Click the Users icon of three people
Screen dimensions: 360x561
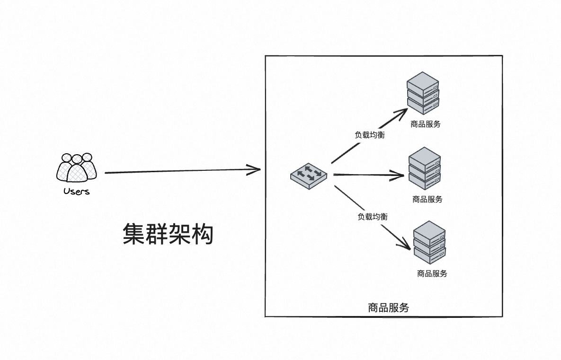tap(77, 168)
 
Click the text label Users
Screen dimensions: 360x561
tap(77, 192)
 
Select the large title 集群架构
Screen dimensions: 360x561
tap(168, 234)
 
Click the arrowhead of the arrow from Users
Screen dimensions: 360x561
tap(256, 169)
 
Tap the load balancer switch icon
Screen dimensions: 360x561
tap(309, 176)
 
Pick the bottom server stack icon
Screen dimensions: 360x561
tap(429, 242)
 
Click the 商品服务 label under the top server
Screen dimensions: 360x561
tap(426, 124)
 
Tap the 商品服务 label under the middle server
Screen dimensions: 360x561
tap(427, 200)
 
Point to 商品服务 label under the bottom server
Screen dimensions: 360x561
tap(432, 273)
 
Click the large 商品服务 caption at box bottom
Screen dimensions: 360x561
tap(388, 307)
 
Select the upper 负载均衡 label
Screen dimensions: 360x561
tap(370, 135)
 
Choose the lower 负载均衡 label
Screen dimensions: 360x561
tap(373, 217)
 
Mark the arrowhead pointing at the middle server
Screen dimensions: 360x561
tap(402, 176)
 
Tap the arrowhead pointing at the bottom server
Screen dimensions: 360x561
tap(405, 246)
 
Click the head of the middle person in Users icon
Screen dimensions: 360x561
tap(77, 159)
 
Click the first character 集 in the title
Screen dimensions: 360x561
tap(134, 234)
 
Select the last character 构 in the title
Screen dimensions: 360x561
tap(203, 234)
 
